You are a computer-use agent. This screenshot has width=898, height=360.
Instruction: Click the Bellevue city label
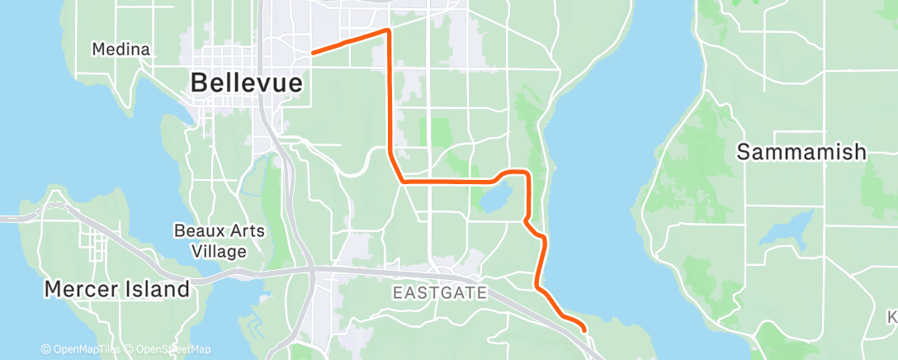point(246,83)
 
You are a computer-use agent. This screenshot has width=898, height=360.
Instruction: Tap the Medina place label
point(121,50)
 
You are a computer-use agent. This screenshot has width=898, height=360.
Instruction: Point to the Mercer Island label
point(117,290)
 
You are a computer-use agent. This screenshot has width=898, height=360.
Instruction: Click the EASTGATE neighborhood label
point(440,292)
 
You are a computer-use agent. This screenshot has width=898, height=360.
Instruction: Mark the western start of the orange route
point(312,53)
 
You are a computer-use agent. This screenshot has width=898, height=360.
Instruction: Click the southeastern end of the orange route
point(584,329)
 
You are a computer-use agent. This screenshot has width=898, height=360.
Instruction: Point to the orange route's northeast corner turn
point(386,31)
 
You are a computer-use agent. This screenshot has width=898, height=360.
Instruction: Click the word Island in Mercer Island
point(156,290)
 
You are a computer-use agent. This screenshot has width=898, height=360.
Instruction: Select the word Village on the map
point(219,251)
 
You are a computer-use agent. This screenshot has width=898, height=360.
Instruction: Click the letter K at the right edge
point(892,317)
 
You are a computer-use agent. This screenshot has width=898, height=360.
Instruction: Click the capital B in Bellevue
point(199,83)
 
